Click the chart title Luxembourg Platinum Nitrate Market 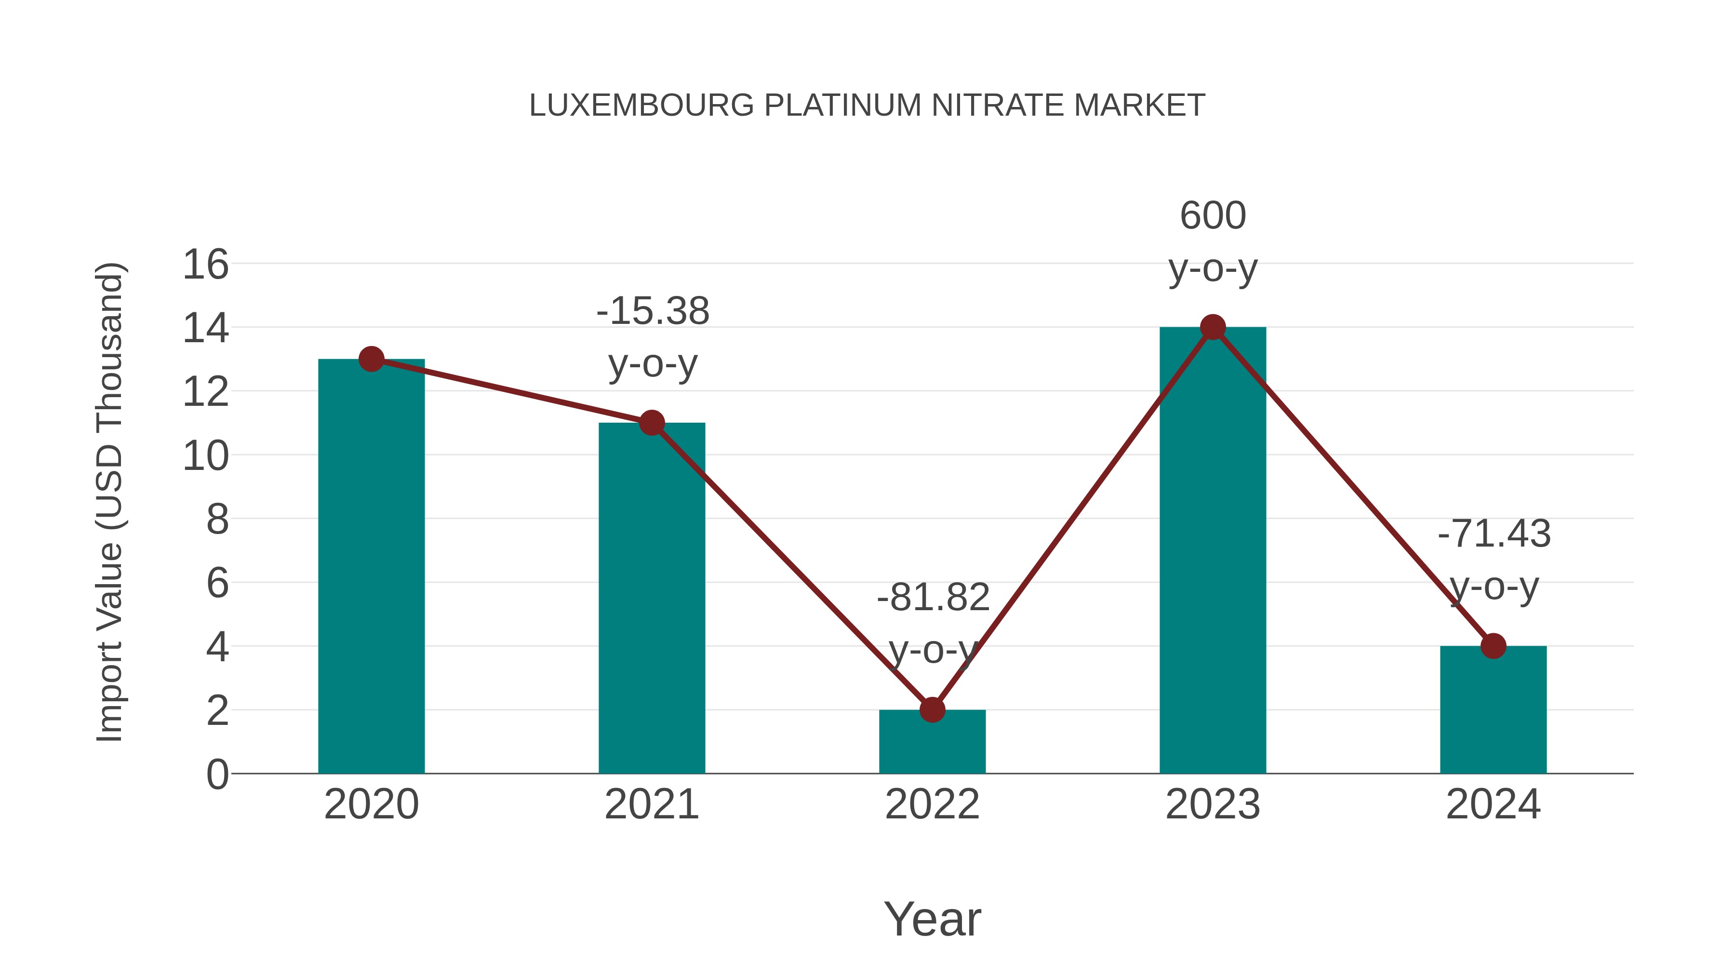867,106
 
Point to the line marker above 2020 371,359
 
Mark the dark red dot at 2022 932,709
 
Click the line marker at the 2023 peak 1213,327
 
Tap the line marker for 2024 1493,646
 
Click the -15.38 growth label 653,312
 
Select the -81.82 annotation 933,598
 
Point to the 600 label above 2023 1213,216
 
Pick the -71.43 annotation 1494,534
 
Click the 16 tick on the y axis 205,265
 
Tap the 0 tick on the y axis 217,775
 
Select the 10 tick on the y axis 205,456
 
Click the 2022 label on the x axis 932,804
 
